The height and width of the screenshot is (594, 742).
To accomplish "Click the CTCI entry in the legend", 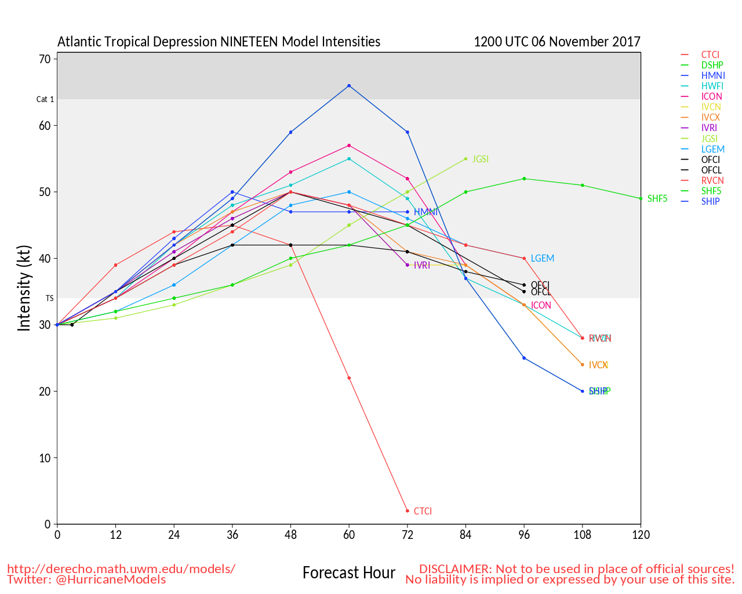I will pyautogui.click(x=710, y=55).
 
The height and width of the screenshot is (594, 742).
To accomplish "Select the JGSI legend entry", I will pyautogui.click(x=710, y=139).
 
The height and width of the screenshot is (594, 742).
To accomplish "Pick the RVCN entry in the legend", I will pyautogui.click(x=712, y=180).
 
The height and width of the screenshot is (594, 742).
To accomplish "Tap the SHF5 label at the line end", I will pyautogui.click(x=657, y=199).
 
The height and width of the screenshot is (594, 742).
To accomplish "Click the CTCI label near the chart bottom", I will pyautogui.click(x=423, y=511).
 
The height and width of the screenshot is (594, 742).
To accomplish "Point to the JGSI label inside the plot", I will pyautogui.click(x=481, y=159).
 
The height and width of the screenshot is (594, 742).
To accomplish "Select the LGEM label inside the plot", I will pyautogui.click(x=543, y=259).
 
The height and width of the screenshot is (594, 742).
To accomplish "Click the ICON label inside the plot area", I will pyautogui.click(x=541, y=306).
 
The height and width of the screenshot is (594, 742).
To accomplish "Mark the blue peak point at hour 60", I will pyautogui.click(x=349, y=86).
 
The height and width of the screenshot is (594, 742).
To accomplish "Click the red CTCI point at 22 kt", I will pyautogui.click(x=349, y=378).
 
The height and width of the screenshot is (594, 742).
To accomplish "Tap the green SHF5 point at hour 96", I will pyautogui.click(x=524, y=179).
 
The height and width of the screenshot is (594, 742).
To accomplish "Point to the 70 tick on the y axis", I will pyautogui.click(x=45, y=59).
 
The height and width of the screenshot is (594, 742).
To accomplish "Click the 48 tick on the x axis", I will pyautogui.click(x=291, y=535).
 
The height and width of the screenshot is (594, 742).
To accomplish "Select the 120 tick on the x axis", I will pyautogui.click(x=641, y=535).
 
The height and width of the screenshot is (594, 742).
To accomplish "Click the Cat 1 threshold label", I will pyautogui.click(x=45, y=99).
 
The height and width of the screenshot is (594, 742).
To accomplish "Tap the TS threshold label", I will pyautogui.click(x=50, y=298).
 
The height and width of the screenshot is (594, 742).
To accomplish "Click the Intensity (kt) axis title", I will pyautogui.click(x=24, y=288).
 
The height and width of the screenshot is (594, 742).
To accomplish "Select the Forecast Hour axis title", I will pyautogui.click(x=349, y=573).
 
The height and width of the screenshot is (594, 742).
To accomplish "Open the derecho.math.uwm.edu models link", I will pyautogui.click(x=121, y=569).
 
